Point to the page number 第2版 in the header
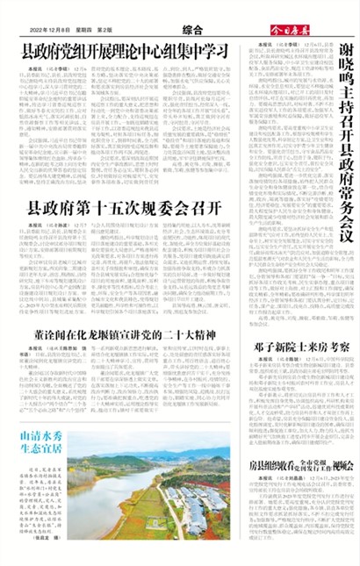[105, 30]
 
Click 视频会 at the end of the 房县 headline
[346, 464]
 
